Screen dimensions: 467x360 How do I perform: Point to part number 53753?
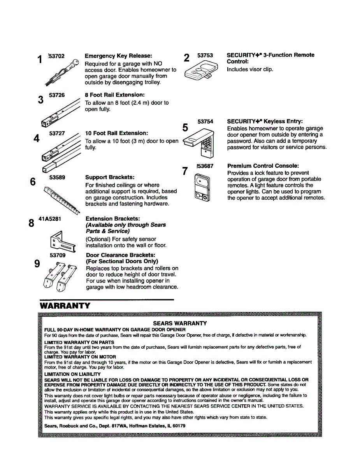[x=205, y=55]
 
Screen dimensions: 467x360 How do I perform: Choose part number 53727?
[x=57, y=133]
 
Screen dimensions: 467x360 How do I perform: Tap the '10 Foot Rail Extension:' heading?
[x=117, y=133]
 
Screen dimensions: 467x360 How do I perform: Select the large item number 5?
[x=186, y=128]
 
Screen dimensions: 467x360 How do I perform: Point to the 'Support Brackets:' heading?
[x=110, y=177]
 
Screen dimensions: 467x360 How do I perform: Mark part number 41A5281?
[x=50, y=219]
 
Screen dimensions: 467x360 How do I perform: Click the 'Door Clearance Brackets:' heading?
[x=121, y=255]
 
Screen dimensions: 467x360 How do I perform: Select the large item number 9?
[x=37, y=264]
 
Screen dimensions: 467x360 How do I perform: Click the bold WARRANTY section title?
[x=65, y=306]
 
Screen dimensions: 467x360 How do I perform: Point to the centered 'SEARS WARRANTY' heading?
[x=180, y=323]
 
